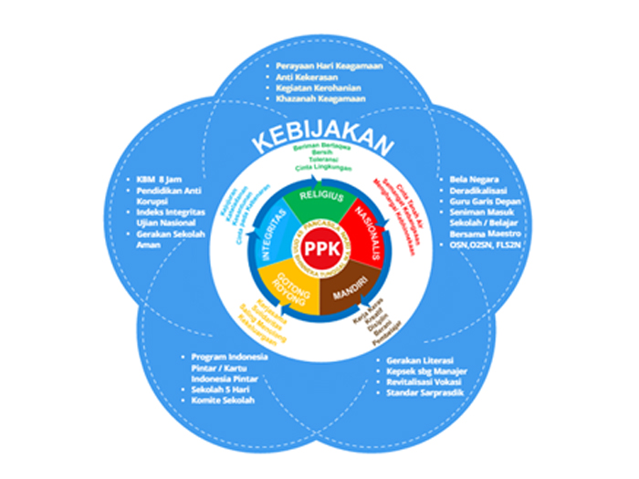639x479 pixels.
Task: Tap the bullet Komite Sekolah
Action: [225, 400]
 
